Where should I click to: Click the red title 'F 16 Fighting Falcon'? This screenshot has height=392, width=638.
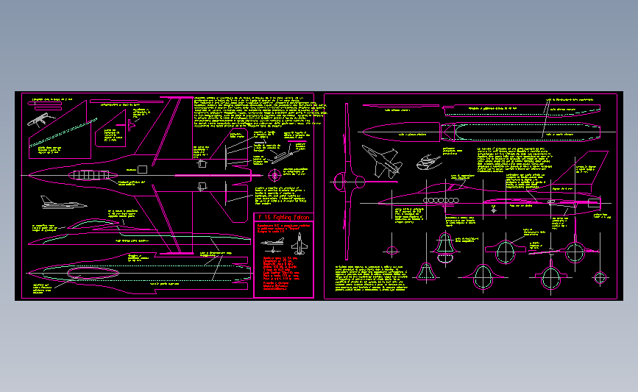[x=283, y=218]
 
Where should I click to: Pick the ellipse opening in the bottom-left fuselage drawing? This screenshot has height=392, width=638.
[x=88, y=274]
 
